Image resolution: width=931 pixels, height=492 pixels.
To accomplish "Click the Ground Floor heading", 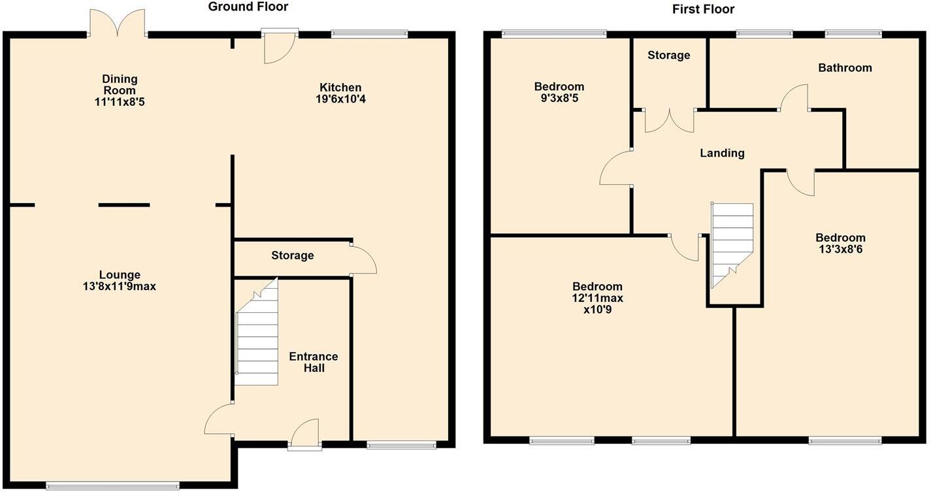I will tap(248, 7).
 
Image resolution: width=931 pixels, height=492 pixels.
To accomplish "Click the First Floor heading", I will tap(703, 9).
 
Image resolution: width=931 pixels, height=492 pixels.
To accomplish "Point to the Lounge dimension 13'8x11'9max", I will tap(119, 286).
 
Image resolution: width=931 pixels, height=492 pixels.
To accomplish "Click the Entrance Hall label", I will tap(314, 362).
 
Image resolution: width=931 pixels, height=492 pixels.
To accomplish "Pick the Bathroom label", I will tap(845, 68).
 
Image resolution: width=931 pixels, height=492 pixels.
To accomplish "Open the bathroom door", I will tap(794, 98).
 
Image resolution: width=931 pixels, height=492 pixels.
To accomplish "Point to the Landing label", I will tap(722, 154).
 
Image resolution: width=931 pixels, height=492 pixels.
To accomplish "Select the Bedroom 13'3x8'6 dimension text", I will tap(840, 249).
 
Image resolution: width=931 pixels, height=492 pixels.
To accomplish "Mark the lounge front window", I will tap(112, 485).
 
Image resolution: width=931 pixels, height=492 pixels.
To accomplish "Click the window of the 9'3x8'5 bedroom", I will tap(553, 33).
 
